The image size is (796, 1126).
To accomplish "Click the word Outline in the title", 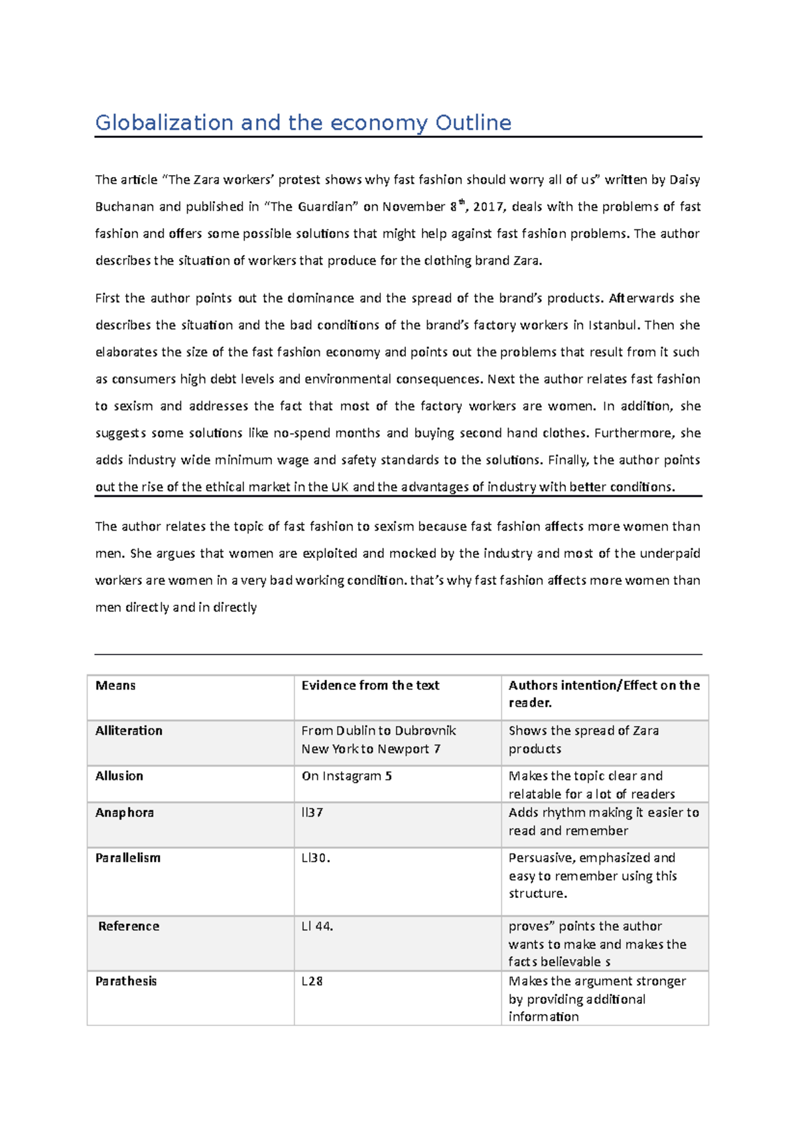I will coord(473,123).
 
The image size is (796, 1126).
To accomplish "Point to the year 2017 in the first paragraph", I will coord(488,207).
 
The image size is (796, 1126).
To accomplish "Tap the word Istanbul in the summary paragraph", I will coord(613,326).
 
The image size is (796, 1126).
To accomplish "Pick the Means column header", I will coord(115,686).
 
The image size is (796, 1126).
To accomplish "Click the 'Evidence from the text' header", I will coord(370,686).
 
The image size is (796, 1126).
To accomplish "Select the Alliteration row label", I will coord(129,731).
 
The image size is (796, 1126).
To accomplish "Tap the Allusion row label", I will coord(119,776).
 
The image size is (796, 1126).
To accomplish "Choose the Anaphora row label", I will coord(125,813).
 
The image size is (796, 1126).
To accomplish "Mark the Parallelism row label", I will coord(128,858).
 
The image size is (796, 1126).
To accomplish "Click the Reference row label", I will coord(129,926).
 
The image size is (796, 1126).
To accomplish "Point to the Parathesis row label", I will coord(126,981).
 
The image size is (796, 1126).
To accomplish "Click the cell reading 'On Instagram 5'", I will coord(346,777).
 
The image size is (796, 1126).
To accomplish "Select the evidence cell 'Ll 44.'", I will coord(317,926).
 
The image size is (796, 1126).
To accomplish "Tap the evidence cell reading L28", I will coord(312,981).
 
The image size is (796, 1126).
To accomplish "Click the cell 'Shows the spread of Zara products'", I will coord(584,740).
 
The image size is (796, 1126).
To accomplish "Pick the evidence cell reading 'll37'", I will coord(312,813).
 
